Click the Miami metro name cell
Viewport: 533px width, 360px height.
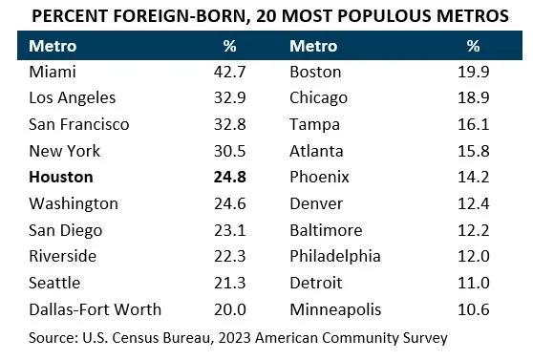52,71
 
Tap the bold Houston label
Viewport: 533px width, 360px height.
61,177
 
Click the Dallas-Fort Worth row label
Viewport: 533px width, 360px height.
96,309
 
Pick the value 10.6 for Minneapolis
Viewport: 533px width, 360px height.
473,309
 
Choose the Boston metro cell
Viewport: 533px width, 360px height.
315,71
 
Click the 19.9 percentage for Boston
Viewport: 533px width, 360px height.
473,71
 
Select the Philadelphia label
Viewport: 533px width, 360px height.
335,256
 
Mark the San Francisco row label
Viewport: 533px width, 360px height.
79,124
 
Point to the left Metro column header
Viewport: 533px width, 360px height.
53,45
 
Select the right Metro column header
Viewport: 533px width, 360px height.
314,45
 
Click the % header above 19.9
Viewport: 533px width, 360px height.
473,45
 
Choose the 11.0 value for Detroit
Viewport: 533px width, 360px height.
473,283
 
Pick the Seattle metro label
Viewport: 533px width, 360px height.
55,283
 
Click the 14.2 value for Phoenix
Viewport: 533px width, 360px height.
473,177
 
